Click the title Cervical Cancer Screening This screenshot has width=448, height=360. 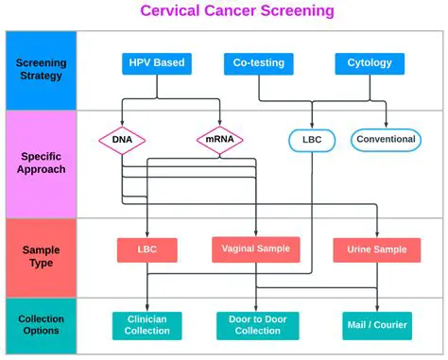click(x=224, y=11)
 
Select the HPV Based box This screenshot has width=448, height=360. click(x=157, y=64)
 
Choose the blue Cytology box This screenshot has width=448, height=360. click(x=370, y=64)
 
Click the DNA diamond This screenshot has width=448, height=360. click(x=122, y=140)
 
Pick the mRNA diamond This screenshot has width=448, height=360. click(x=219, y=140)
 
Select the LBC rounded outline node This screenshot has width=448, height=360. click(x=311, y=140)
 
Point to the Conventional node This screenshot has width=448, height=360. click(x=385, y=139)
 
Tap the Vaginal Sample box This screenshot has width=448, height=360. click(x=256, y=249)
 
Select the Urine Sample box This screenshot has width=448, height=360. click(x=376, y=249)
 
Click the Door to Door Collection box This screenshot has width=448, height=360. click(x=257, y=325)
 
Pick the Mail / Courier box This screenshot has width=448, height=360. click(x=376, y=325)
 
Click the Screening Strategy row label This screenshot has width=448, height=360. click(x=41, y=70)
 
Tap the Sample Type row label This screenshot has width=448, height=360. click(x=41, y=256)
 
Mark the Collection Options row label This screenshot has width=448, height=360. click(x=41, y=325)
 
